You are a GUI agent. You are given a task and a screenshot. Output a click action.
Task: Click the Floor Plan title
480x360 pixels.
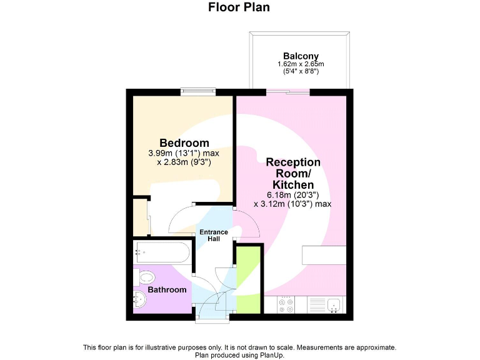tap(239, 7)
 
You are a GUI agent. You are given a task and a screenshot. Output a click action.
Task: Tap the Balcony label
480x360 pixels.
tap(301, 56)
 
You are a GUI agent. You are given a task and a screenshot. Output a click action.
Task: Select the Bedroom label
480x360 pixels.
tap(184, 143)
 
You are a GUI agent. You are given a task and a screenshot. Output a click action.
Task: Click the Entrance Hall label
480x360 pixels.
tap(214, 236)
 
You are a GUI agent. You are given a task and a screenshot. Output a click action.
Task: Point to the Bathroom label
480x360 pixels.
tap(167, 290)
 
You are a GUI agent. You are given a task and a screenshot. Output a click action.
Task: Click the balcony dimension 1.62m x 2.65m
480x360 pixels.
tap(301, 64)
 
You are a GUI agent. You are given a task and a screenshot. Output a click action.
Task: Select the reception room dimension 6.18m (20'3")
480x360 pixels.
tap(293, 194)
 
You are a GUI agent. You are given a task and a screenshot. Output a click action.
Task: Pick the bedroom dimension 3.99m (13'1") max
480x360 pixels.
tap(184, 153)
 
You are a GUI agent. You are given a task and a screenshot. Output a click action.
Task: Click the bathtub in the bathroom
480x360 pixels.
tap(161, 253)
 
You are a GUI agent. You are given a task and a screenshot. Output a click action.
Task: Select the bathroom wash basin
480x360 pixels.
tap(139, 299)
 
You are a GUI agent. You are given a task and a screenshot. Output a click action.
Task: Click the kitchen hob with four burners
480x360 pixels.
tap(287, 305)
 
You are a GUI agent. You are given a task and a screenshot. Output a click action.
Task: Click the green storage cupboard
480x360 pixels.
tap(248, 279)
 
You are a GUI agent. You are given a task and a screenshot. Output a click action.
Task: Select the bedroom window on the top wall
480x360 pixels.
tap(198, 93)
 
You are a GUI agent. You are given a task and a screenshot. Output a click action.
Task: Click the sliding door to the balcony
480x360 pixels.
tap(288, 93)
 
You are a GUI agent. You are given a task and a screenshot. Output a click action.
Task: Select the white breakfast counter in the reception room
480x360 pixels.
tap(324, 255)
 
